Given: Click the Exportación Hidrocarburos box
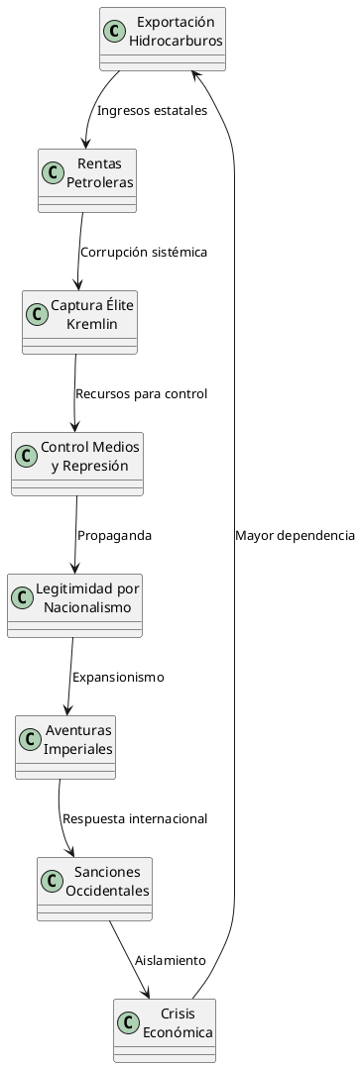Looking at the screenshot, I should click(163, 39).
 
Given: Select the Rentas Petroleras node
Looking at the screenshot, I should click(87, 179).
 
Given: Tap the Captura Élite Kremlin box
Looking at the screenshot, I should click(79, 321).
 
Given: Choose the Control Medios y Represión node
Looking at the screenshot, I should click(77, 463).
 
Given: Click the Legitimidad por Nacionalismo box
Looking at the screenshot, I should click(74, 604).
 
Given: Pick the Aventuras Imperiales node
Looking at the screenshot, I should click(65, 746).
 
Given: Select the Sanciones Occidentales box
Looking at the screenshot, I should click(94, 888).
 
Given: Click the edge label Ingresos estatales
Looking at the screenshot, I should click(152, 110).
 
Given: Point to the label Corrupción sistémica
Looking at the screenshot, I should click(144, 252).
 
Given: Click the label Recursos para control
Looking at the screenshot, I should click(141, 393).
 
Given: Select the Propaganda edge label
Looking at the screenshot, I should click(114, 535).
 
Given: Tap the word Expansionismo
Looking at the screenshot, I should click(118, 677).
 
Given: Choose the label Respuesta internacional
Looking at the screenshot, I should click(135, 818).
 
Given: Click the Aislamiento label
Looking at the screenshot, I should click(170, 960).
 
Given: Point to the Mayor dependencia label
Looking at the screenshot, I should click(295, 535).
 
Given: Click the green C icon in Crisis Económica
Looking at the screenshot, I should click(128, 1021).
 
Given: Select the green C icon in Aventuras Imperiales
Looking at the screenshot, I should click(31, 738).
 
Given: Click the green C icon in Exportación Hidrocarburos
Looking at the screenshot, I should click(115, 31).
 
